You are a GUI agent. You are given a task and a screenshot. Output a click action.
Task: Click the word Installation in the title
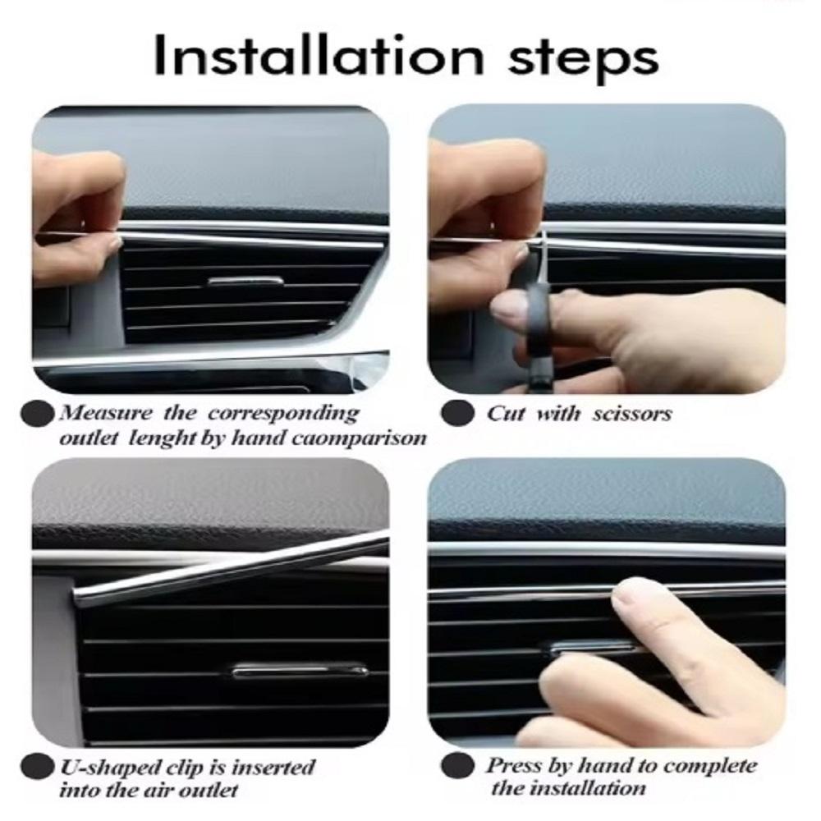319,55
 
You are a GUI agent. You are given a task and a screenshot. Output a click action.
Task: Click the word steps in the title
583,58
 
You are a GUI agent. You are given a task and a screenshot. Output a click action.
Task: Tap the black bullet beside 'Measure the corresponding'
37,414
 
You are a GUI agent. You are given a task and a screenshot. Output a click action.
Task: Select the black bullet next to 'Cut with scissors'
457,414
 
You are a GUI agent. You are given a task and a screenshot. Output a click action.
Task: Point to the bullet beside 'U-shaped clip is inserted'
37,768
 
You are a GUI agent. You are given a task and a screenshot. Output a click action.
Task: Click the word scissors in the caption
632,414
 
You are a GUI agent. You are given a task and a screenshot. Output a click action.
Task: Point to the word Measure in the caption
106,413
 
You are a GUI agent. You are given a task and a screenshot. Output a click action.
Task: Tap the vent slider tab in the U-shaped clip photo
300,670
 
